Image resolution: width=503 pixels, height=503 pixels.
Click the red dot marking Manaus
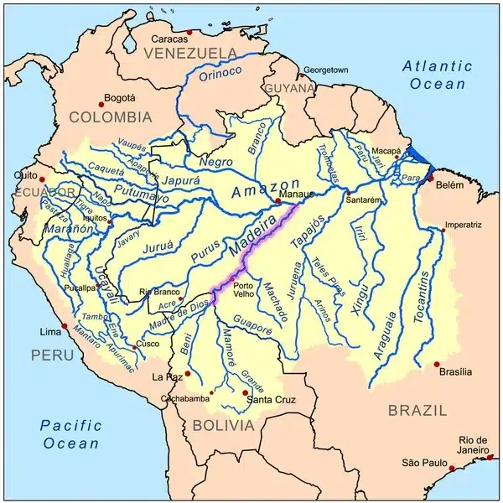pyautogui.click(x=277, y=201)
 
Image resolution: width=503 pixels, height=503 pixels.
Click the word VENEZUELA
pyautogui.click(x=189, y=53)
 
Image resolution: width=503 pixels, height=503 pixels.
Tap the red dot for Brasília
pyautogui.click(x=437, y=364)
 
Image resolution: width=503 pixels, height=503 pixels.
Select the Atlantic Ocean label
pyautogui.click(x=435, y=74)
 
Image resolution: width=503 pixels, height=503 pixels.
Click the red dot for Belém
pyautogui.click(x=431, y=179)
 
